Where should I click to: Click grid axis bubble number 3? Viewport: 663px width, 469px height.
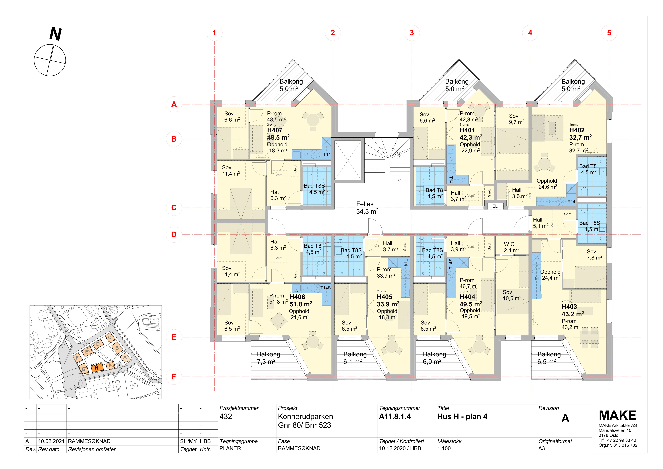click(x=412, y=33)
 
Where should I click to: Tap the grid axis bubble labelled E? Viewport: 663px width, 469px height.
click(x=174, y=337)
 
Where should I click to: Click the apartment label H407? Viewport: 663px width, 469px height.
click(x=275, y=130)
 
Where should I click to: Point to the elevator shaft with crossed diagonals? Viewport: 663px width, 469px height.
click(x=348, y=160)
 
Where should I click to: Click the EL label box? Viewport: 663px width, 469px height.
click(x=495, y=206)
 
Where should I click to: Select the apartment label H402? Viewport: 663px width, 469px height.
click(x=577, y=130)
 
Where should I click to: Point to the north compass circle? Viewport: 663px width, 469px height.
click(x=50, y=60)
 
